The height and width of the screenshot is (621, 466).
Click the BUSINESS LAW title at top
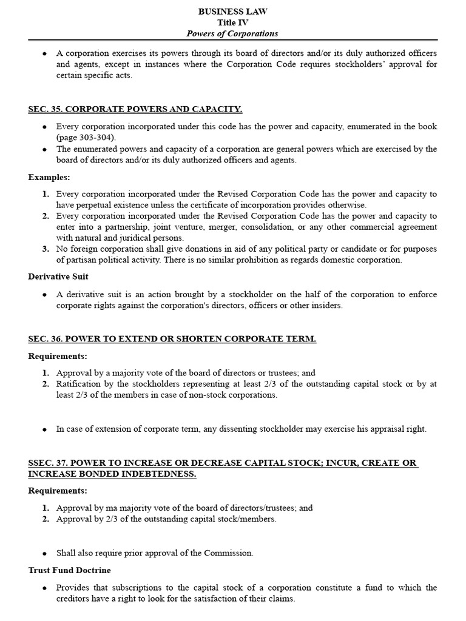pyautogui.click(x=233, y=12)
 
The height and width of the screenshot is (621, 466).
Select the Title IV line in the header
pyautogui.click(x=233, y=22)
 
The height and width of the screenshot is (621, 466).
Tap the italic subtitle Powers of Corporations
pyautogui.click(x=233, y=33)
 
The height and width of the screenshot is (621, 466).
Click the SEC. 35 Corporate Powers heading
pyautogui.click(x=135, y=109)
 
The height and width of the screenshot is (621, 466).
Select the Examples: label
pyautogui.click(x=49, y=177)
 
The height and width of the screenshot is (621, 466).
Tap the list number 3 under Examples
pyautogui.click(x=46, y=249)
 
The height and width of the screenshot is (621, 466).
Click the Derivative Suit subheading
pyautogui.click(x=58, y=277)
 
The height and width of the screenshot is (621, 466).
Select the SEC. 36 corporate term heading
pyautogui.click(x=172, y=339)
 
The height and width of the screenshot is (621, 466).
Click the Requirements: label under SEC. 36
pyautogui.click(x=58, y=356)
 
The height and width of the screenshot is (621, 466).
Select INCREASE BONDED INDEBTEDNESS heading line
pyautogui.click(x=112, y=474)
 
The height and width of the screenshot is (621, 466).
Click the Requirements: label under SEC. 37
pyautogui.click(x=58, y=491)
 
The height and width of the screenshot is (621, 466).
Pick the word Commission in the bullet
pyautogui.click(x=231, y=553)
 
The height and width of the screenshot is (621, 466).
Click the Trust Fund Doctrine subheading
pyautogui.click(x=70, y=571)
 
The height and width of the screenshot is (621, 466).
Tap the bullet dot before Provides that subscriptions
pyautogui.click(x=45, y=588)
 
